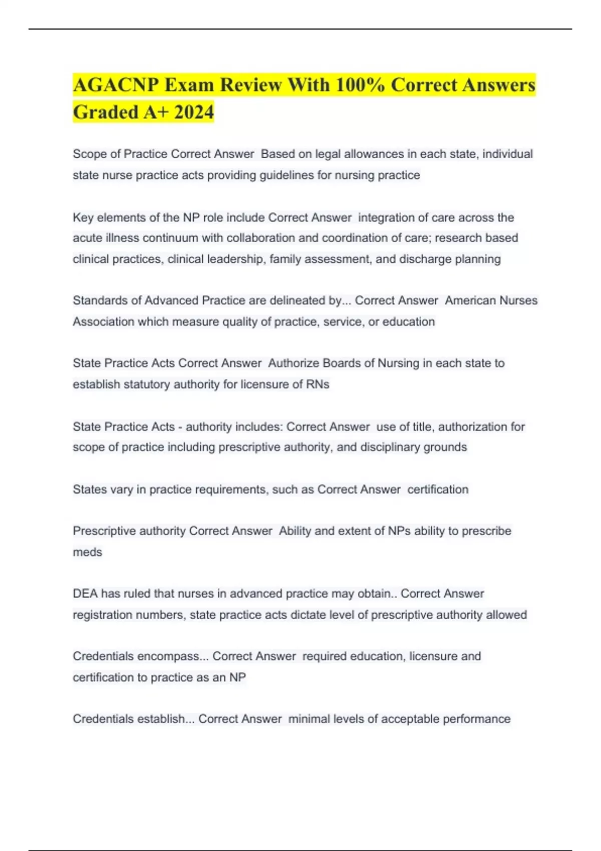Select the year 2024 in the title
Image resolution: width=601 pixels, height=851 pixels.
(x=194, y=112)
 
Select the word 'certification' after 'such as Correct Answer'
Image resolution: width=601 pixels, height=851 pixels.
(x=438, y=490)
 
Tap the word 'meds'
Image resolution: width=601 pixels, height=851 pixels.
(x=88, y=552)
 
